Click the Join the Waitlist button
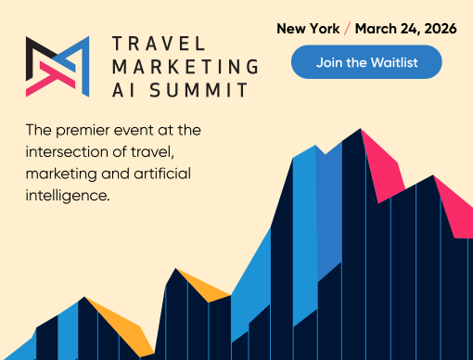tap(366, 63)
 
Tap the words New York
tap(307, 29)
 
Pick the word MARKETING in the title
tap(185, 67)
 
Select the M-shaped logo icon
tap(58, 67)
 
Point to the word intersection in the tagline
tap(69, 151)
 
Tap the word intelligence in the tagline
tap(69, 197)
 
